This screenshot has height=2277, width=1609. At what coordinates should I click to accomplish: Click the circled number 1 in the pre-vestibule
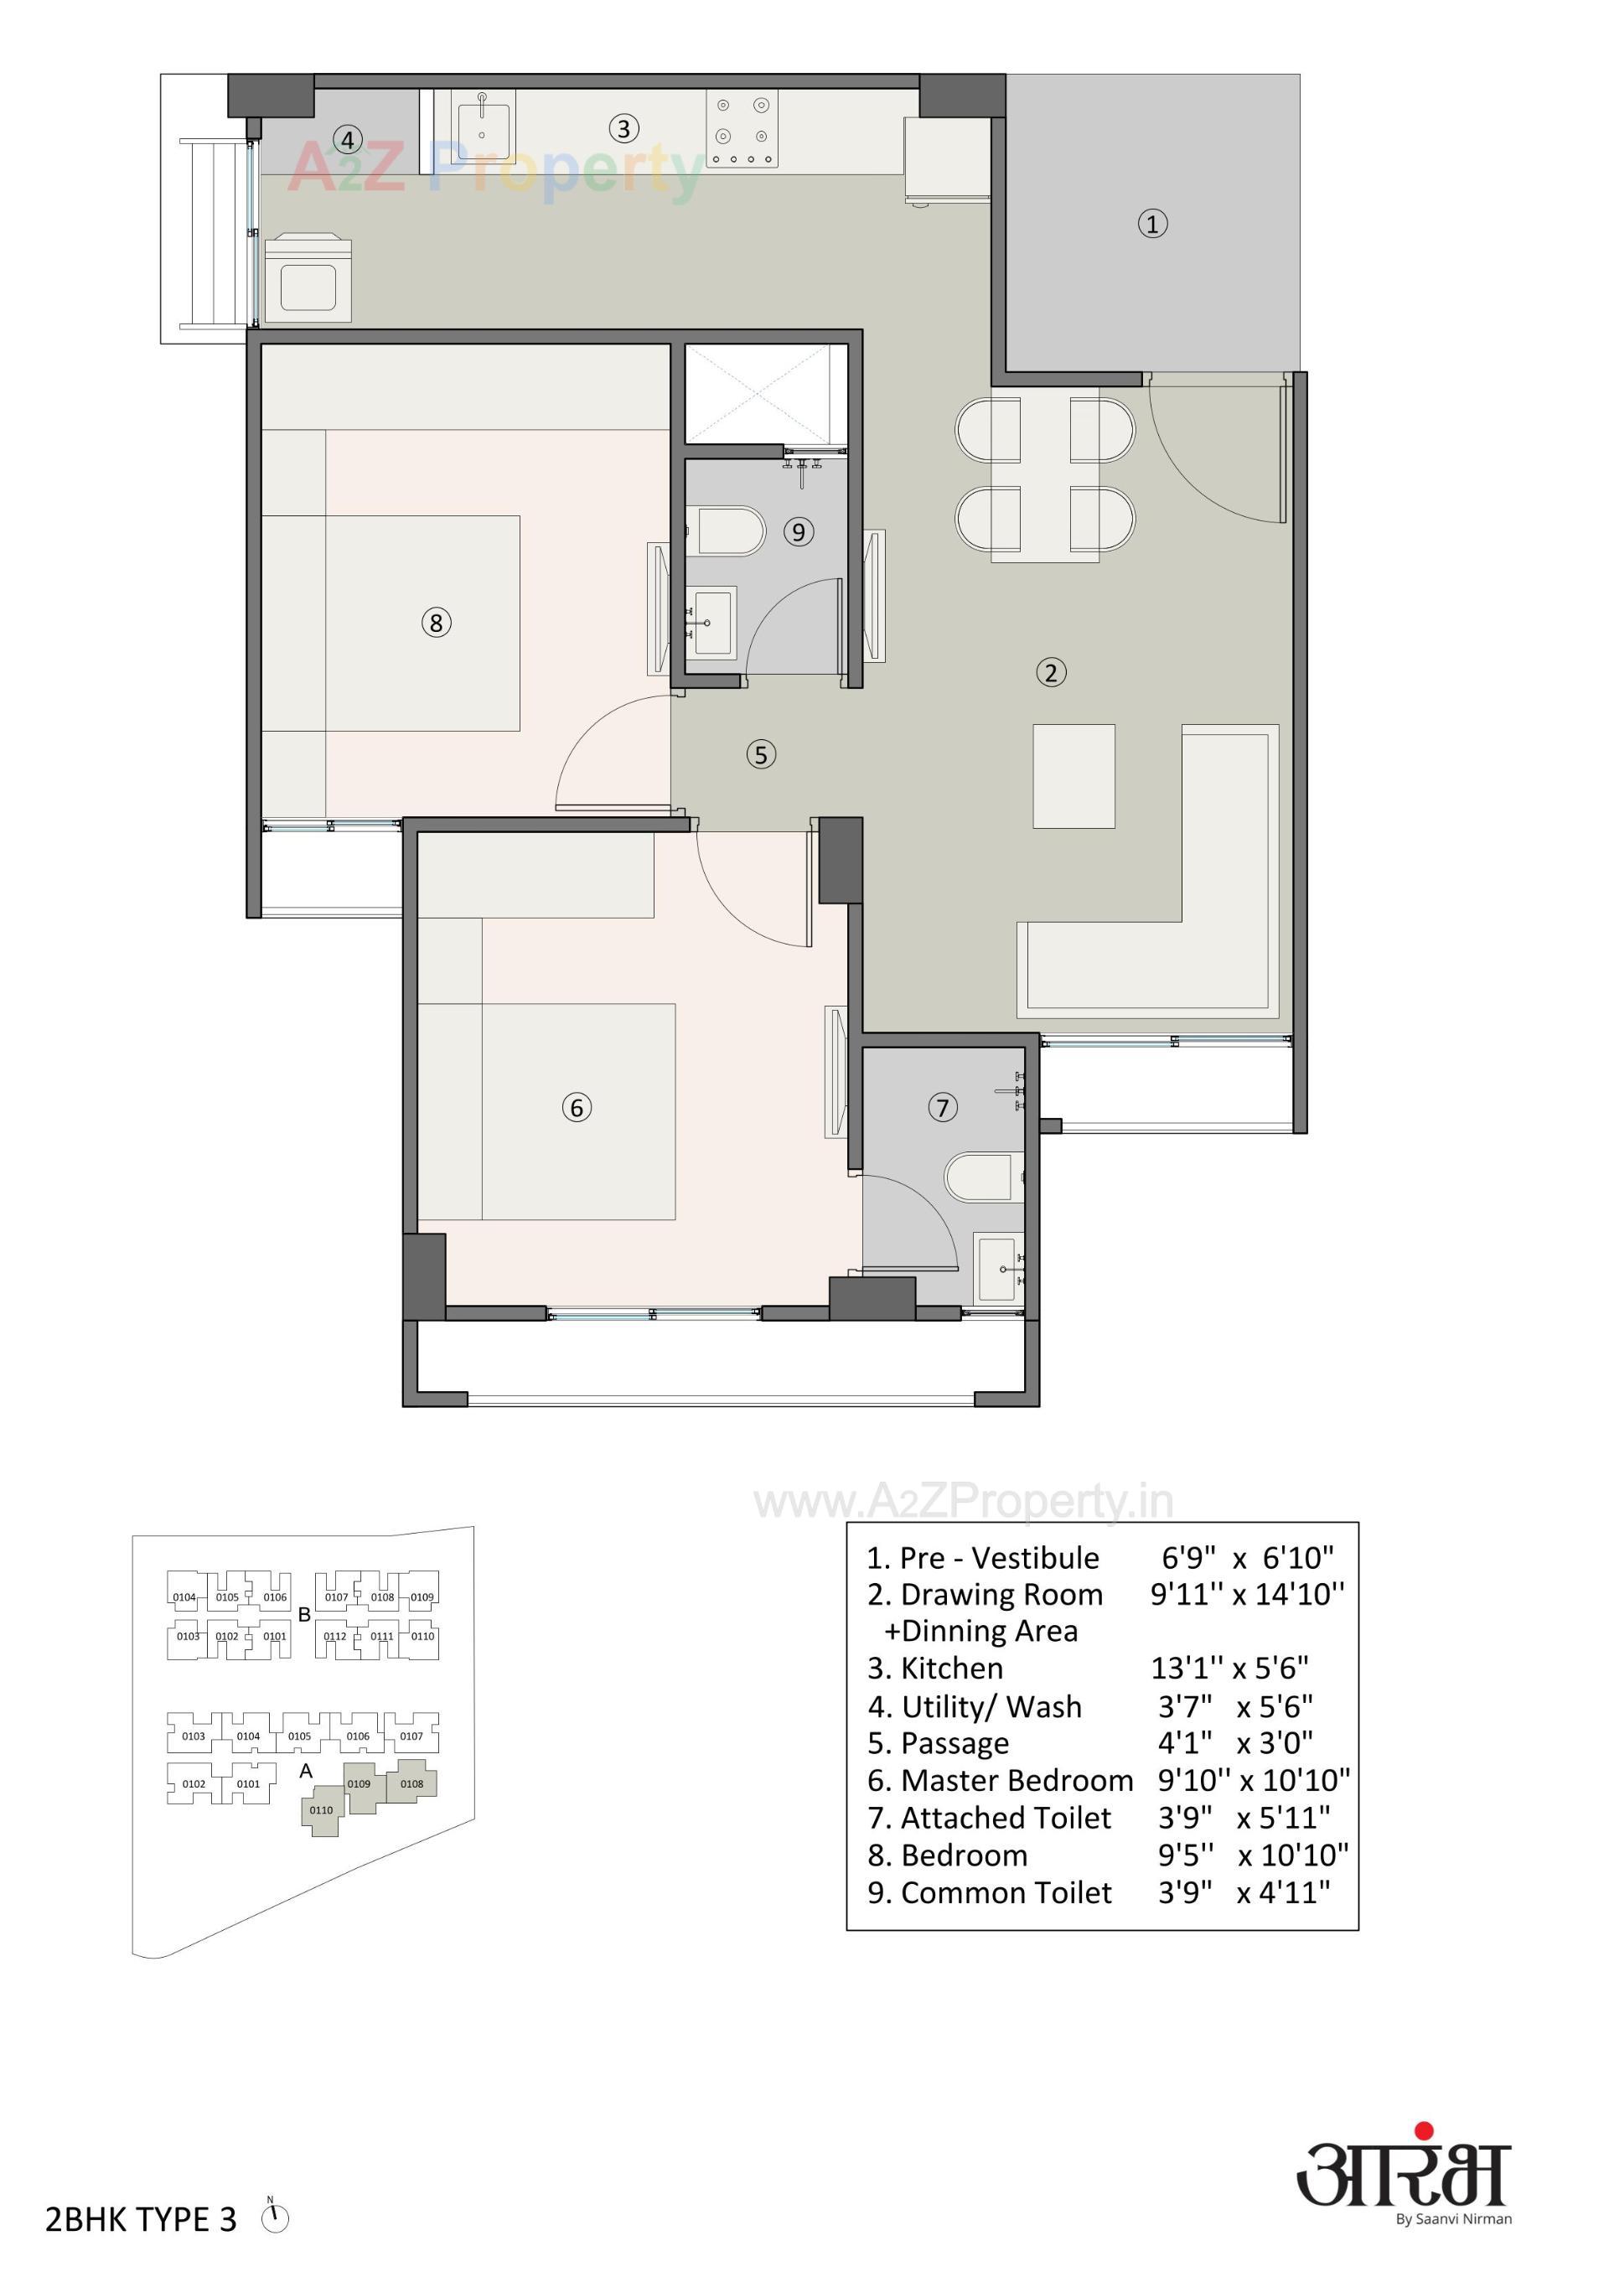tap(1151, 224)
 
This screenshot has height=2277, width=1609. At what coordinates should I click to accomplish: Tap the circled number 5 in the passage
tap(761, 755)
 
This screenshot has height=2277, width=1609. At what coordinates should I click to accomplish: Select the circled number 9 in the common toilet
tap(799, 531)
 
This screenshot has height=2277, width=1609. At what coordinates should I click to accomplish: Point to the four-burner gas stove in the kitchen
tap(742, 129)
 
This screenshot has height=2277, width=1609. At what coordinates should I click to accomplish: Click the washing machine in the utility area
tap(308, 279)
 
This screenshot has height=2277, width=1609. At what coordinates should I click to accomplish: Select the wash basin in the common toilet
tap(712, 623)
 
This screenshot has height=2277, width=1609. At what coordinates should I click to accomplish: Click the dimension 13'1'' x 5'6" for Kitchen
tap(1229, 1668)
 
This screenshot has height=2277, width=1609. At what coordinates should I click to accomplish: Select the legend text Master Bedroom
tap(1016, 1780)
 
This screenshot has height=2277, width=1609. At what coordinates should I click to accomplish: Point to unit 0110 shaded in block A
tap(322, 1811)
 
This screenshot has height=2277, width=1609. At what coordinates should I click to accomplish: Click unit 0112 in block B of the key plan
tap(335, 1637)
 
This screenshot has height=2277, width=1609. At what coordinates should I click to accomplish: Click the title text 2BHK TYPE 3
tap(141, 2219)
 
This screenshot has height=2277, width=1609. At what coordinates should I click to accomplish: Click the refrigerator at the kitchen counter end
tap(946, 161)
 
